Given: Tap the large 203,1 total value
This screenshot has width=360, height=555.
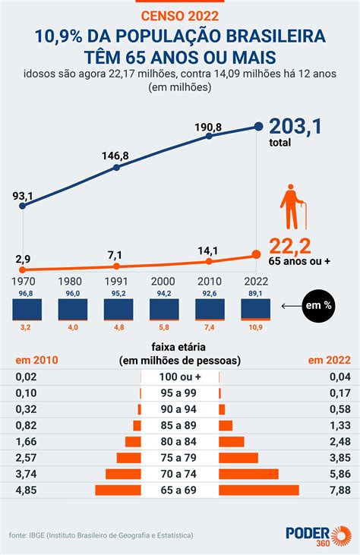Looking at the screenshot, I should [x=295, y=126].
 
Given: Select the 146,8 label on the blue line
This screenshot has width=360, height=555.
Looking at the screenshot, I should [x=115, y=156].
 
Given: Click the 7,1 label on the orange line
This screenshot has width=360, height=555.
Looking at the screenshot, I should [x=115, y=255].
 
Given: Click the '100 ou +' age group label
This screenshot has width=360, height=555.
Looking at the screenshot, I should [x=180, y=377].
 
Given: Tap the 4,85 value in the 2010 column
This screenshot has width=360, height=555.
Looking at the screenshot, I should [x=26, y=490].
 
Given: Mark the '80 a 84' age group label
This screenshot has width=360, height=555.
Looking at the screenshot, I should [x=180, y=441].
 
